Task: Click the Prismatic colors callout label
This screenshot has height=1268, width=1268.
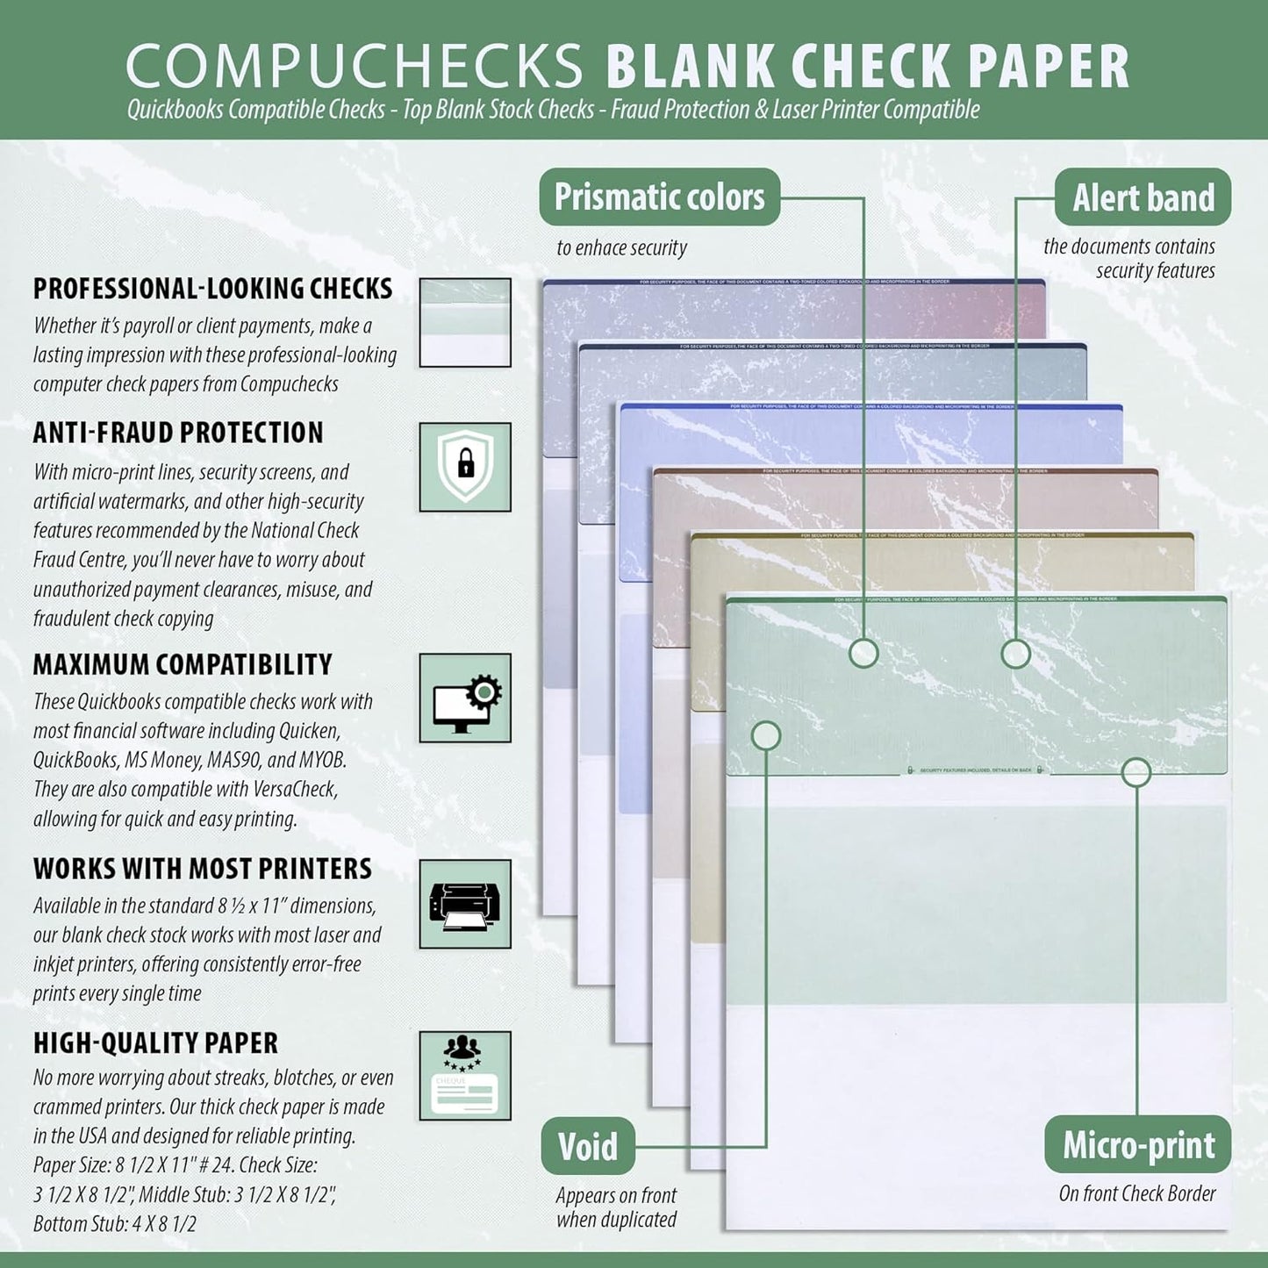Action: pos(659,197)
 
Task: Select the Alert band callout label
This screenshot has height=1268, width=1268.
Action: pos(1143,197)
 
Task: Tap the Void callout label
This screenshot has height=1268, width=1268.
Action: pos(587,1146)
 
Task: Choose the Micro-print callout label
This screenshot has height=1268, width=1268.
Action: pos(1138,1145)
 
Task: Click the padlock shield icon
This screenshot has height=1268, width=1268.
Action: pos(465,466)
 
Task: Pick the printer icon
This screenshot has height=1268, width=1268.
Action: pos(465,904)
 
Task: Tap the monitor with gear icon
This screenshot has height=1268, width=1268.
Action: pos(465,698)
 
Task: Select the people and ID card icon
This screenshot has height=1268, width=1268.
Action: pos(465,1075)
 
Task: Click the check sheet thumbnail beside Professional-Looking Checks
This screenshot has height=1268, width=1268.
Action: pos(465,322)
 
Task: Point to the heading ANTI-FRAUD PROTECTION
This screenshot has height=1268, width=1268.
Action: pos(178,433)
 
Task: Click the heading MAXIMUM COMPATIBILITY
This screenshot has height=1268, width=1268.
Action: pos(183,664)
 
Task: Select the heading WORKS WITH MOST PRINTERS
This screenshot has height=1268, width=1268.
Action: pos(203,869)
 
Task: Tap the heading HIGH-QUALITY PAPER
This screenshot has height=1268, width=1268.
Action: pos(155,1042)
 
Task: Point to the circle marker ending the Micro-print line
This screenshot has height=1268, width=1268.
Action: pos(1136,772)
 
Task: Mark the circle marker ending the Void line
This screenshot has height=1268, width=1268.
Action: pos(766,735)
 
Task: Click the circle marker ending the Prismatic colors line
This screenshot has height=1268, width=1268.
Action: pos(863,653)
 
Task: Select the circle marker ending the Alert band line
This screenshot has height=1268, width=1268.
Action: pos(1015,653)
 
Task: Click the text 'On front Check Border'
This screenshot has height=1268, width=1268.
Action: pos(1137,1193)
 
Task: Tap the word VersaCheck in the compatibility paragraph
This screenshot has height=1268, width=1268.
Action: pos(294,789)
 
